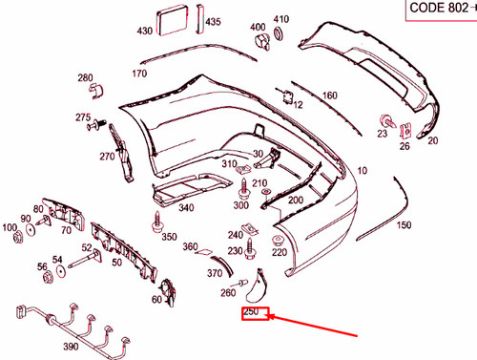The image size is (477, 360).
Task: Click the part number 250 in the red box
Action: click(252, 312)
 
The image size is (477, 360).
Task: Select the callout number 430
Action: click(144, 32)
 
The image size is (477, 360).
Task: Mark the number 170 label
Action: click(139, 74)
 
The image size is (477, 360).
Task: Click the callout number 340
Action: click(185, 207)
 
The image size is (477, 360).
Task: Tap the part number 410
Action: click(280, 19)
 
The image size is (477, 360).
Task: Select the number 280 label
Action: click(85, 77)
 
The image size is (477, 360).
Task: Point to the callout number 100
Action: click(10, 228)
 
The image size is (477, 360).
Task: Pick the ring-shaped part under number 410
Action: click(280, 34)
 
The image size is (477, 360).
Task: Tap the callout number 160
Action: click(329, 95)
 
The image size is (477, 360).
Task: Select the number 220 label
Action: click(279, 253)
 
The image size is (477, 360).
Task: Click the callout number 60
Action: click(156, 299)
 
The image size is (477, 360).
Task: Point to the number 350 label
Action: click(169, 237)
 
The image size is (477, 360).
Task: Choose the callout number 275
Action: click(82, 117)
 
